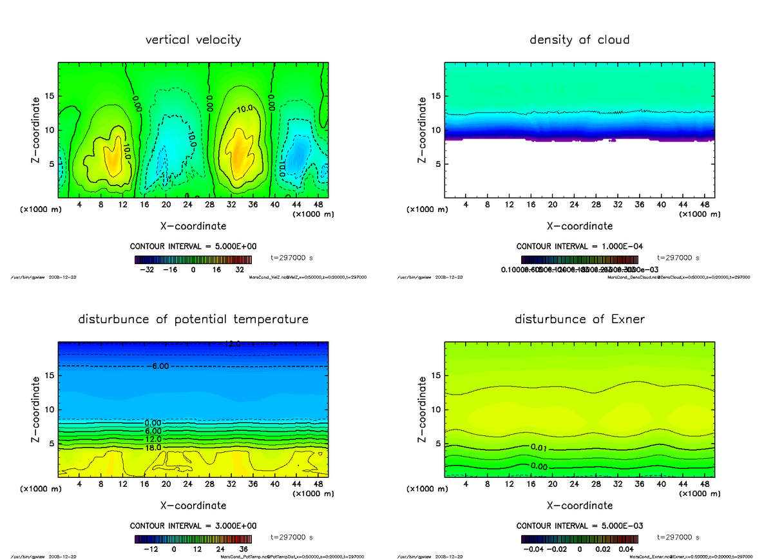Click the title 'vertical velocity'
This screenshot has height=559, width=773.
[193, 40]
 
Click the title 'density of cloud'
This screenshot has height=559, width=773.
[579, 40]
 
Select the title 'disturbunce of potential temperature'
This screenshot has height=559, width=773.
[193, 319]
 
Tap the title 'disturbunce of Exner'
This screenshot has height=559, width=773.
[579, 319]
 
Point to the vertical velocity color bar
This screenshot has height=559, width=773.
[193, 260]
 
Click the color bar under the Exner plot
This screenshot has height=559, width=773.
[579, 538]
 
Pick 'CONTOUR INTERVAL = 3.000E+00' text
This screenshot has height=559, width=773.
[193, 526]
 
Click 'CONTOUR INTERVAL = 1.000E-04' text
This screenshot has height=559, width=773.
[579, 247]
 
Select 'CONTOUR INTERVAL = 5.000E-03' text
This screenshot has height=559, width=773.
[579, 526]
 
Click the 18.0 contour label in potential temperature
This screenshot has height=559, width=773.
[153, 448]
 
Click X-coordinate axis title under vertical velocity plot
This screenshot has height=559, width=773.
[193, 226]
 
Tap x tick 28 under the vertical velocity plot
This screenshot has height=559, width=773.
[209, 205]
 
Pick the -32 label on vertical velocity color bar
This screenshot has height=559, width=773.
[149, 270]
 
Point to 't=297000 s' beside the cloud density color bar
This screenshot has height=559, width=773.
[678, 258]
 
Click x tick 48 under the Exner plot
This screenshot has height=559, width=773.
[705, 484]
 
